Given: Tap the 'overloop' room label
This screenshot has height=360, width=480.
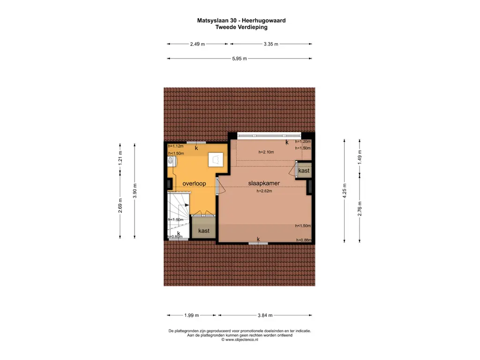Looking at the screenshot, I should click(194, 183).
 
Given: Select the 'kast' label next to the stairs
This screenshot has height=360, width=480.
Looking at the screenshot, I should click(203, 231).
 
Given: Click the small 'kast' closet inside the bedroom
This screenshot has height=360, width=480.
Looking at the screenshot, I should click(304, 171).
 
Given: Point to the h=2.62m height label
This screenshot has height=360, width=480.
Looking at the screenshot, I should click(264, 191).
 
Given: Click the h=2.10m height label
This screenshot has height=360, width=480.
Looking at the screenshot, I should click(266, 152).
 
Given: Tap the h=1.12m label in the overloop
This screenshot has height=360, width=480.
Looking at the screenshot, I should click(176, 146).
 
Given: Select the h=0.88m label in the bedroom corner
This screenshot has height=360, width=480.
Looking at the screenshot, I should click(303, 240).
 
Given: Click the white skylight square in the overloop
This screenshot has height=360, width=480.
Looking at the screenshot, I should click(217, 160).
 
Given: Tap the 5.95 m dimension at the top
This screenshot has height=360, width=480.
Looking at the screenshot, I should click(239, 59).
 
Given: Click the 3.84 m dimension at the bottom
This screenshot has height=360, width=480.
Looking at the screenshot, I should click(264, 315).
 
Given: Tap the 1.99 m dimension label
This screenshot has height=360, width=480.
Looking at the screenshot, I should click(191, 315).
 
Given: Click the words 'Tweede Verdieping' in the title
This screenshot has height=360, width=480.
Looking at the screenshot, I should click(241, 27).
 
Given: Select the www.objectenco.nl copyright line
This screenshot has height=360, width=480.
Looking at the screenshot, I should click(240, 339).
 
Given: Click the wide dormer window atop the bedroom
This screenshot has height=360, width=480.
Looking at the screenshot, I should click(269, 136).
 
